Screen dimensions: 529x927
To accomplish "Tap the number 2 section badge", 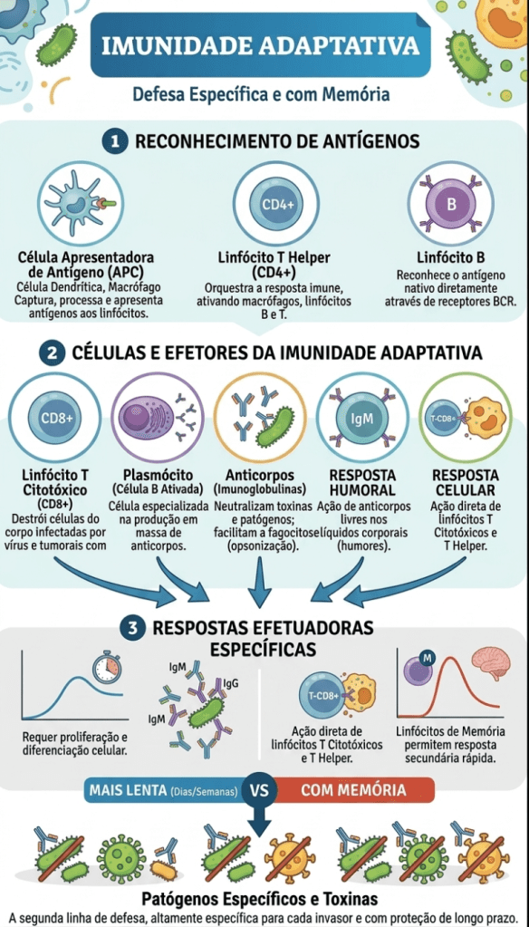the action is (52, 353).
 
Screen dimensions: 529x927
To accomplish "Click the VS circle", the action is (260, 790).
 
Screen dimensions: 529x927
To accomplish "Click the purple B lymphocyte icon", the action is (452, 205).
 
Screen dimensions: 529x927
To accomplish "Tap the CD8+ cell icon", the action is (57, 418).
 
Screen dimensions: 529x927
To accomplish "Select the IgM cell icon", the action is (361, 420).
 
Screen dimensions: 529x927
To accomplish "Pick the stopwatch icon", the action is (107, 666).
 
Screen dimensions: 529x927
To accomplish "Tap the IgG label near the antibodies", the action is (231, 683).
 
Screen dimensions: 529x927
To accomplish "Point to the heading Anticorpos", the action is (260, 476).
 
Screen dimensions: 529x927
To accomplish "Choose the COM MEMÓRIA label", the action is (354, 790).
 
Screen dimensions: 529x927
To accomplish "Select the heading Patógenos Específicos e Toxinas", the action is (260, 899).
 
